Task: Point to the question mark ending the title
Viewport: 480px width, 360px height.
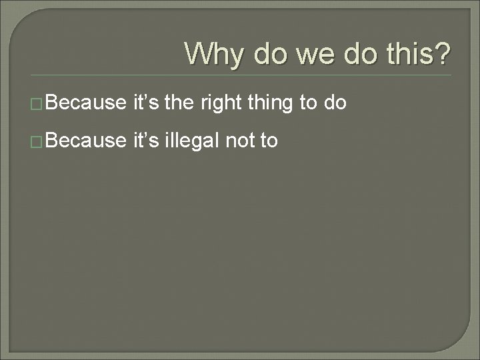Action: click(441, 53)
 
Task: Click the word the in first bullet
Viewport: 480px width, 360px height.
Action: click(175, 103)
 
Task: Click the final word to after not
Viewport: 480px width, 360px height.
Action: click(269, 141)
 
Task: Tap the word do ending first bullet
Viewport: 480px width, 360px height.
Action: click(335, 103)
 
